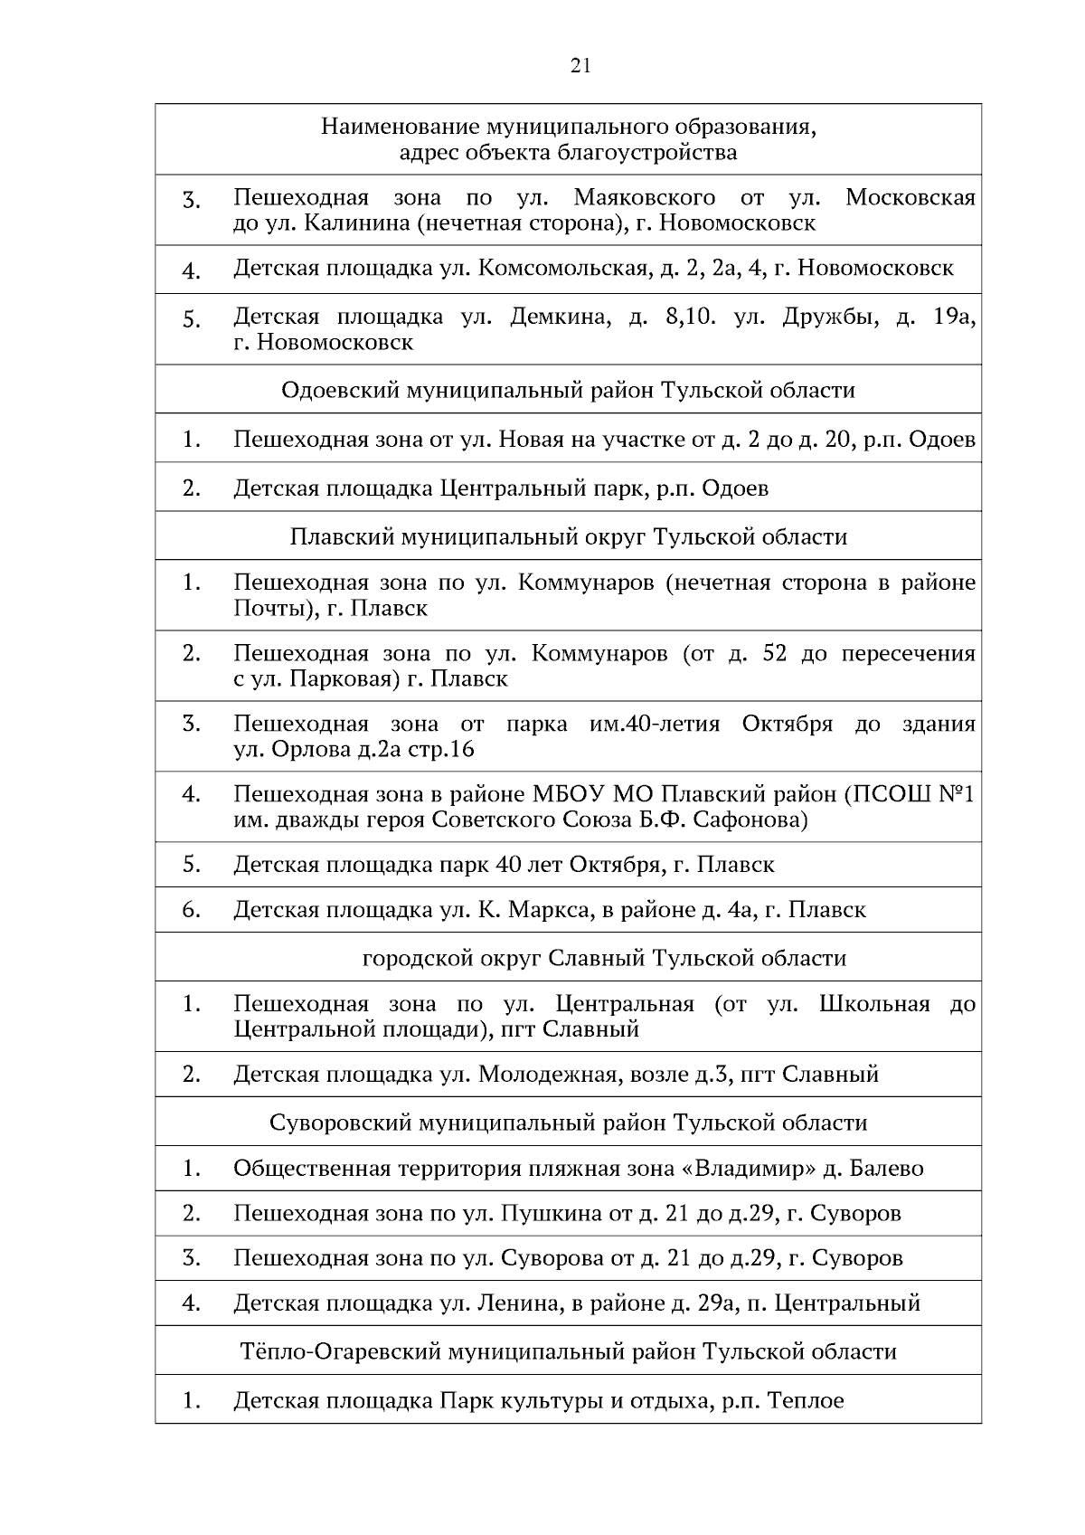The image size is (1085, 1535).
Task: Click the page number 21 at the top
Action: tap(580, 65)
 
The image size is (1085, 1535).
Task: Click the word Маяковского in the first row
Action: tap(645, 197)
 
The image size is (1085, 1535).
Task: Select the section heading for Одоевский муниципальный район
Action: tap(568, 390)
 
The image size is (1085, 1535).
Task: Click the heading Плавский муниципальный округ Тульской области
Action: tap(568, 536)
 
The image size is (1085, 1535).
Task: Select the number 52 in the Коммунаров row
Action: tap(775, 653)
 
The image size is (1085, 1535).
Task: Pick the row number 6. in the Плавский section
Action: tap(191, 909)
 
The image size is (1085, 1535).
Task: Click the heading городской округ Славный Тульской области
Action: tap(604, 958)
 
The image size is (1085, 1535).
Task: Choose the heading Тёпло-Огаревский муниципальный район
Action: tap(568, 1351)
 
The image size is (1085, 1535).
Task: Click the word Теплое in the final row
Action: tap(806, 1401)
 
